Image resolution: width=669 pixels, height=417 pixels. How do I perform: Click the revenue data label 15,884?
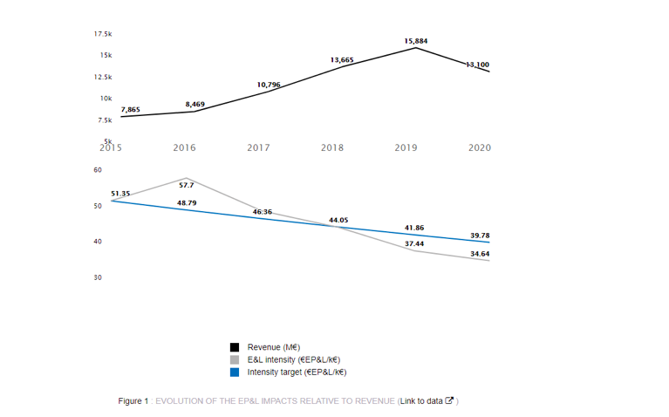pyautogui.click(x=416, y=41)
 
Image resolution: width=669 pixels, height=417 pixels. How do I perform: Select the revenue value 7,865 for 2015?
pyautogui.click(x=130, y=109)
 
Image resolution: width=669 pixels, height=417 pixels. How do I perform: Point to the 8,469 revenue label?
pyautogui.click(x=195, y=105)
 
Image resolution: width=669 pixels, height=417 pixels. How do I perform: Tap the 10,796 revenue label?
pyautogui.click(x=269, y=85)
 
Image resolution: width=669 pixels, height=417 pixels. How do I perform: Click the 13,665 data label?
pyautogui.click(x=342, y=60)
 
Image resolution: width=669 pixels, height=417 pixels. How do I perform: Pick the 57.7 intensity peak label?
pyautogui.click(x=187, y=185)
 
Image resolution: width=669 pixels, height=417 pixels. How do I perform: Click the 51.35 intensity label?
pyautogui.click(x=120, y=193)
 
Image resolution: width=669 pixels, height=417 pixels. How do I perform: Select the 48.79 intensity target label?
pyautogui.click(x=187, y=203)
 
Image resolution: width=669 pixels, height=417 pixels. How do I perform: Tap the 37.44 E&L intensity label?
pyautogui.click(x=414, y=243)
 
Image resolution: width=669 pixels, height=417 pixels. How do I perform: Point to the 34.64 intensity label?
pyautogui.click(x=480, y=254)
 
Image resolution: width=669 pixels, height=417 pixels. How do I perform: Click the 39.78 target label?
pyautogui.click(x=480, y=235)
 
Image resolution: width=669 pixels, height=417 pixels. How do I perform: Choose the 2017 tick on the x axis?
pyautogui.click(x=258, y=148)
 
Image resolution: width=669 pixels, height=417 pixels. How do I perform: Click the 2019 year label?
pyautogui.click(x=406, y=148)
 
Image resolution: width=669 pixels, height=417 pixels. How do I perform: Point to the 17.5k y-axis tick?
pyautogui.click(x=103, y=34)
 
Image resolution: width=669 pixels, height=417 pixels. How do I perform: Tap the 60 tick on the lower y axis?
pyautogui.click(x=97, y=169)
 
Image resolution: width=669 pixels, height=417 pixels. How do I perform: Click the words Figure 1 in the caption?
pyautogui.click(x=133, y=401)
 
